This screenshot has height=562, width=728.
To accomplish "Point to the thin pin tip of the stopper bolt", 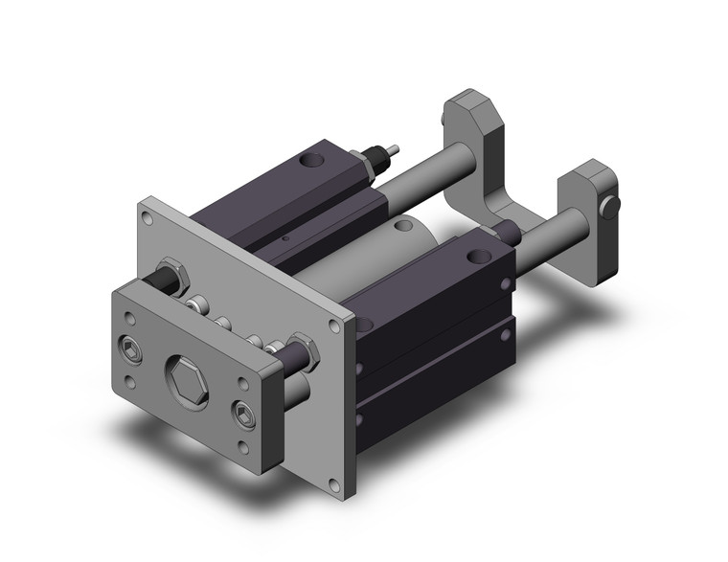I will (393, 149).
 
